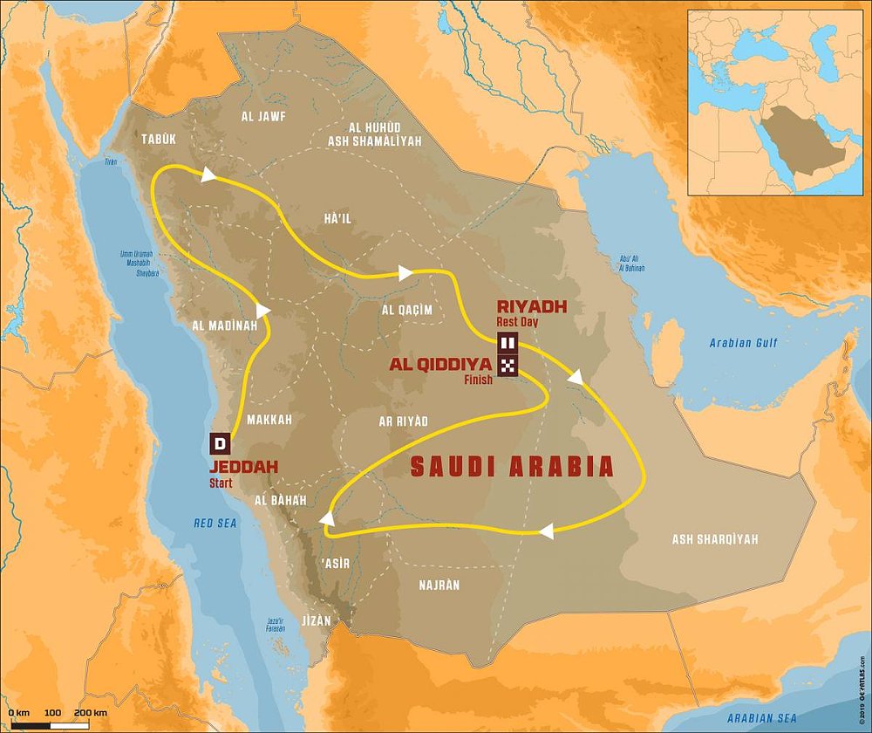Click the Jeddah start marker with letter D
pyautogui.click(x=220, y=443)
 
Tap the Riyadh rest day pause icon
pyautogui.click(x=508, y=342)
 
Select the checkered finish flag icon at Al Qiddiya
pyautogui.click(x=508, y=366)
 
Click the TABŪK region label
pyautogui.click(x=158, y=139)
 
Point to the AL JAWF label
pyautogui.click(x=264, y=116)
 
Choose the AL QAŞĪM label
pyautogui.click(x=406, y=310)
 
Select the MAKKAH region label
pyautogui.click(x=269, y=420)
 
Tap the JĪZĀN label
pyautogui.click(x=314, y=620)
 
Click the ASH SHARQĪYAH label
pyautogui.click(x=714, y=539)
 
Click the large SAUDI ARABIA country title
pyautogui.click(x=511, y=467)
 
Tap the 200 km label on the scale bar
pyautogui.click(x=91, y=714)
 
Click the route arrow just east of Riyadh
pyautogui.click(x=576, y=377)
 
